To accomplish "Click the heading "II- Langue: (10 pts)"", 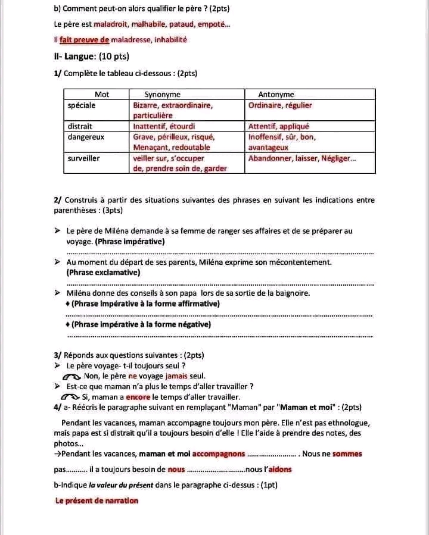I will tap(91, 57).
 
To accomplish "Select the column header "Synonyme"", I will tap(163, 94).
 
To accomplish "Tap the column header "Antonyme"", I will tap(276, 94).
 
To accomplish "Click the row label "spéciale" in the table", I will tap(82, 105).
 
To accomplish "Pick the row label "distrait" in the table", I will tap(80, 126).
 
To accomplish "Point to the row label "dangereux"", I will tap(86, 137).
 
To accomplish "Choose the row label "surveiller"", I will tap(84, 158).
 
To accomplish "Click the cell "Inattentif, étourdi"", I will tap(164, 126).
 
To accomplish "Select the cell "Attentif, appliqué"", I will tap(278, 126).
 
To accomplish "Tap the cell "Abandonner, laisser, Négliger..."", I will tap(302, 158).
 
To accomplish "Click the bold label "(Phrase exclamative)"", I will tap(103, 273).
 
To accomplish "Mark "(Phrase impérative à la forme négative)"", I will tap(141, 324).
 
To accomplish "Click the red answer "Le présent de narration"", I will tap(97, 500).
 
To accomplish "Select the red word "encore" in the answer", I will tap(138, 397).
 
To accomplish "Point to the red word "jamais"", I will tap(177, 376).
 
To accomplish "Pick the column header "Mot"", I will tap(102, 94).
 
